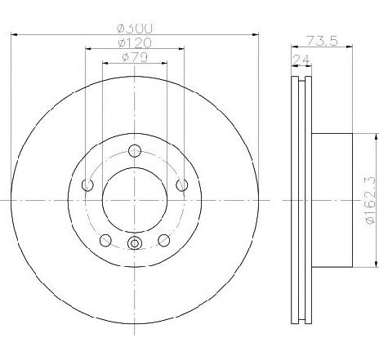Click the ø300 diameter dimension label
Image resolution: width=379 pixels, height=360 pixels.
[x=135, y=29]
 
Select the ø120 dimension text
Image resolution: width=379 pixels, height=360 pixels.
[x=135, y=43]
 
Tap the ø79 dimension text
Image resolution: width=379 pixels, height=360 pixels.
[x=135, y=57]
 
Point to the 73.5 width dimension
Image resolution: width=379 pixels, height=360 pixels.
[x=322, y=41]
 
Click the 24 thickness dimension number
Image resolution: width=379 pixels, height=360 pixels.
[x=301, y=60]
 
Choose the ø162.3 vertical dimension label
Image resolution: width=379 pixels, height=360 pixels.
[x=371, y=201]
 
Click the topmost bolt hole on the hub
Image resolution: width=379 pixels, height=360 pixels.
[x=135, y=151]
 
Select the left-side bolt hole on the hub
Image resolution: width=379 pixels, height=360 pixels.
[x=87, y=185]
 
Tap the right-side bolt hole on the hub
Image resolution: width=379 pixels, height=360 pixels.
[x=181, y=185]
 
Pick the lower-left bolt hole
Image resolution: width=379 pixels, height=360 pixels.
[x=105, y=240]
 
